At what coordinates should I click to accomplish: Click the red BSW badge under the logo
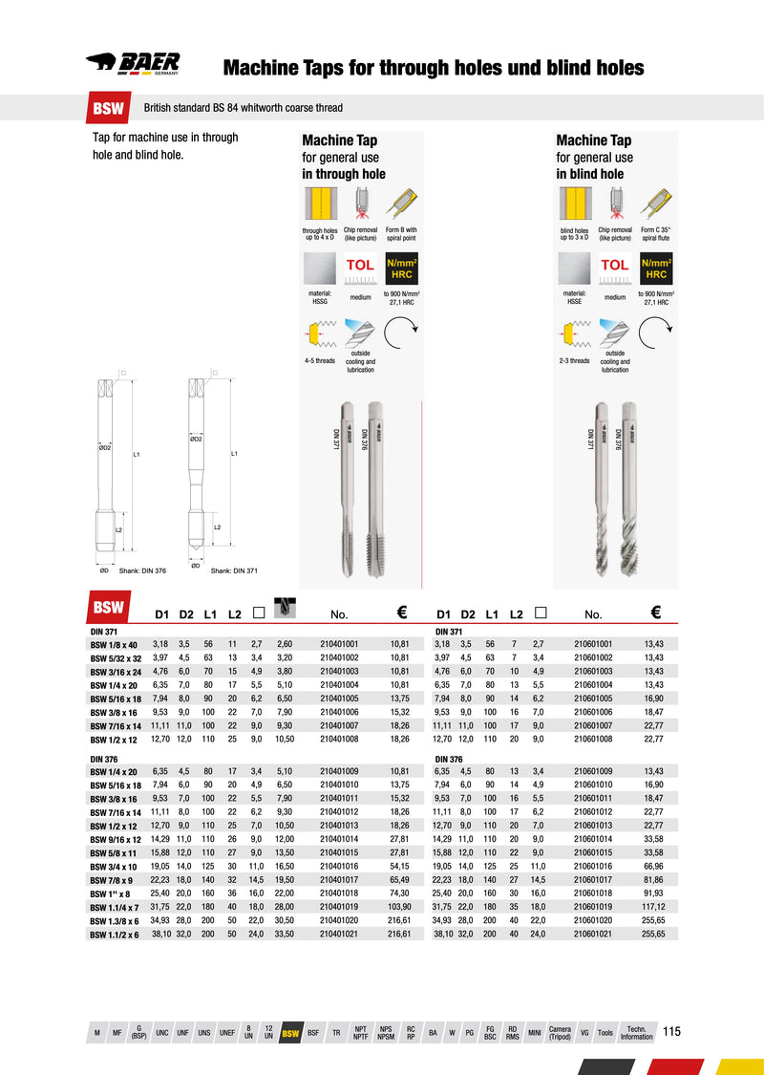[108, 108]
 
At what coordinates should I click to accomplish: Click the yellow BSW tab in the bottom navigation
[290, 1034]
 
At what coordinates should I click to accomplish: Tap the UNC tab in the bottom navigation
[162, 1034]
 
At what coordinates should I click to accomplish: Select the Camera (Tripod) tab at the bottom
[560, 1034]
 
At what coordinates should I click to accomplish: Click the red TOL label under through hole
[360, 265]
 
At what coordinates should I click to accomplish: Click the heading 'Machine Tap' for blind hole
[593, 140]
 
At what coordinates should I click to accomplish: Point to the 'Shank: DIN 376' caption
[142, 570]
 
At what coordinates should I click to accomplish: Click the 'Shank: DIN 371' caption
[234, 570]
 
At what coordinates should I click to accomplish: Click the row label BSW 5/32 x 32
[116, 657]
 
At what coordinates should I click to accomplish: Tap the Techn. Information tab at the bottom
[636, 1034]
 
